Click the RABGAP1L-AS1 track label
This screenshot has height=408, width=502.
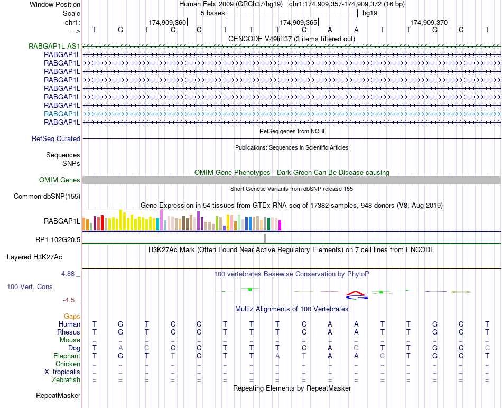[x=54, y=46]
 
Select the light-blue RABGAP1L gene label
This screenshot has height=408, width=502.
[x=62, y=114]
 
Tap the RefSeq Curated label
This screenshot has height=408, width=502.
[x=56, y=138]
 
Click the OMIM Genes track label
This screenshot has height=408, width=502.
[x=60, y=180]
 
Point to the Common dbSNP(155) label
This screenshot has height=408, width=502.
[x=47, y=197]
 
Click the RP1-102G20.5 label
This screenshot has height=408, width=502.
[x=58, y=239]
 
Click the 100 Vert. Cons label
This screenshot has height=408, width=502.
[x=30, y=286]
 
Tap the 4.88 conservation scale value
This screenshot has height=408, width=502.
[x=69, y=274]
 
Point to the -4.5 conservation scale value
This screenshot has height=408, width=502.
[x=69, y=300]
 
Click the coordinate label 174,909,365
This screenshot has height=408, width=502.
[x=299, y=23]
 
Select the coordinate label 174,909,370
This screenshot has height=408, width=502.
[x=429, y=23]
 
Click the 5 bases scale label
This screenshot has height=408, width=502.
[x=212, y=13]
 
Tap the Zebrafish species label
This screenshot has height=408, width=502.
[x=66, y=379]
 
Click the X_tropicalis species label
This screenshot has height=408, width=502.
[x=60, y=372]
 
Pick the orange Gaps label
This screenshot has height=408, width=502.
[x=72, y=316]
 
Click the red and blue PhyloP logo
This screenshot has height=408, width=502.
[x=357, y=295]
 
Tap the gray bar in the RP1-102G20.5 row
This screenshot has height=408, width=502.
[x=265, y=238]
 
